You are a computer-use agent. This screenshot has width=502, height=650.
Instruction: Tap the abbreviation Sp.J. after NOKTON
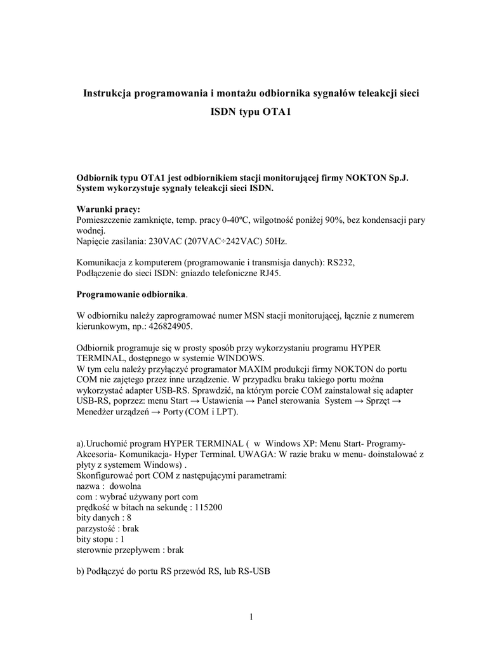pos(396,178)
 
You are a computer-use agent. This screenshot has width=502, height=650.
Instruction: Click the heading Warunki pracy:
pos(109,209)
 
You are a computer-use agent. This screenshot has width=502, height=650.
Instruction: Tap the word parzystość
pos(96,528)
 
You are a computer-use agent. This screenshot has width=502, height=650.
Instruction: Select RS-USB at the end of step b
pos(254,571)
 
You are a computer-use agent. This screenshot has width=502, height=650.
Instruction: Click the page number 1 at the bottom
pos(251,618)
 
